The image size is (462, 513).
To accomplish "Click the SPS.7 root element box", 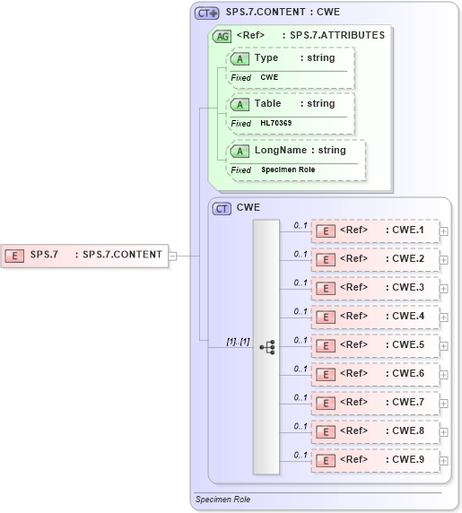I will pos(84,255).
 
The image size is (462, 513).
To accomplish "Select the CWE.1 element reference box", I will pos(375,230).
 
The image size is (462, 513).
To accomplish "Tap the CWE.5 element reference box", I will pos(375,345).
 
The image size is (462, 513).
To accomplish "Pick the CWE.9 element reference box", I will pos(375,460).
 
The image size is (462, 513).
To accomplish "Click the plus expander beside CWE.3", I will pos(444,288).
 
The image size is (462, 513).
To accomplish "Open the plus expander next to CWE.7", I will pos(444,403).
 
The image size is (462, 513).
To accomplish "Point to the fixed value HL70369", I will pos(277,123).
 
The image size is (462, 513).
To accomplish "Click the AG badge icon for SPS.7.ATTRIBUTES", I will pos(222,37).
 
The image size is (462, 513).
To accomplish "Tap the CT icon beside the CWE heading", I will pos(222,208).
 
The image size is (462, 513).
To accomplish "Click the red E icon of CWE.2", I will pos(327,260).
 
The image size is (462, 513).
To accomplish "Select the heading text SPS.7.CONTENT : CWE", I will pos(283,13).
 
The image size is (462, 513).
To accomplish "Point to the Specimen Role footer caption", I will pos(223,500).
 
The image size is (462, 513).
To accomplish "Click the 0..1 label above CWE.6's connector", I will pos(301,369).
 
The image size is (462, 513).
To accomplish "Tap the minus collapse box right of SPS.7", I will pos(173,256).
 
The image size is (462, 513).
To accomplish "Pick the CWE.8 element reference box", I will pos(375,431).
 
